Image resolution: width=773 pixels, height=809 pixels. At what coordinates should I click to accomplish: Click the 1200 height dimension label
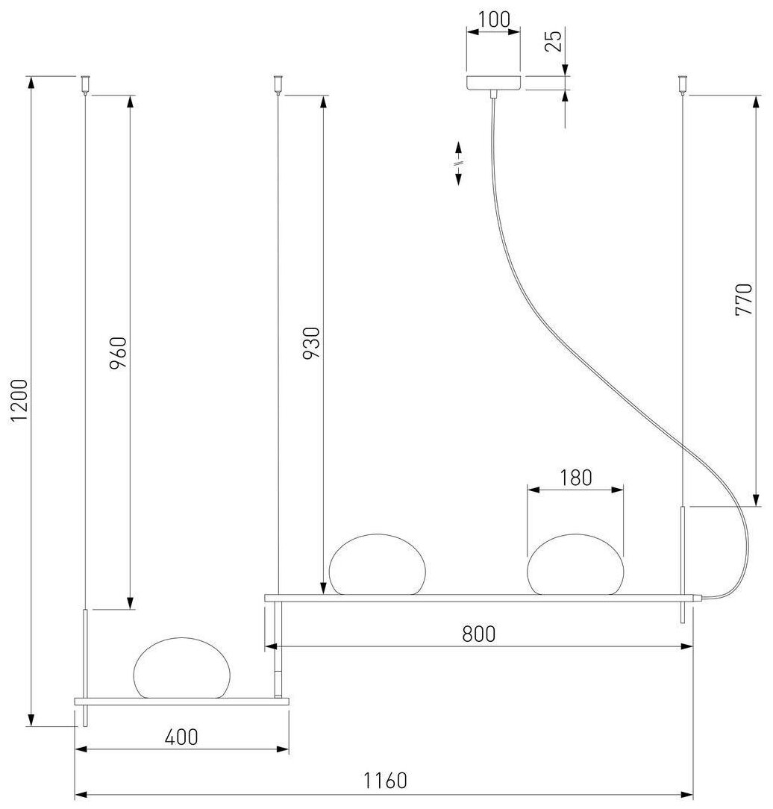20,401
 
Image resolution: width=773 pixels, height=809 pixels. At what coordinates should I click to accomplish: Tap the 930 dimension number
313,343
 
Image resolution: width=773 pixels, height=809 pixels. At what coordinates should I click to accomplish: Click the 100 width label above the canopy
493,20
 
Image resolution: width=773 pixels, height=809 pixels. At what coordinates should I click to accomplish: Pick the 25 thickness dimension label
553,42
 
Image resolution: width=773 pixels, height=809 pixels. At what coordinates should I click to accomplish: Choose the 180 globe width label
575,478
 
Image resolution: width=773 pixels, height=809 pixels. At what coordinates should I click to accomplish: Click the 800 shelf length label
478,634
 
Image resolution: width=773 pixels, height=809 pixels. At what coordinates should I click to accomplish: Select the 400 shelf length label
181,737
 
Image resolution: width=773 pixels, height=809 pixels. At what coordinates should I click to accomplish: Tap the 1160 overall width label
386,781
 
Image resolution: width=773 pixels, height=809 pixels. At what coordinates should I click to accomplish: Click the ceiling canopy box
493,82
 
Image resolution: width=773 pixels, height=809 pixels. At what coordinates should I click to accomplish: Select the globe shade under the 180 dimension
575,565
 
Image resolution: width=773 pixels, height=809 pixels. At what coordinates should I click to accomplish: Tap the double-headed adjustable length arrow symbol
459,163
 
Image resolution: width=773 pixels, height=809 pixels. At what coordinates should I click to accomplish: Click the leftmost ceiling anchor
87,84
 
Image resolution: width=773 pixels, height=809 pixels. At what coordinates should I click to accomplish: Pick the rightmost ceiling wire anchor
682,84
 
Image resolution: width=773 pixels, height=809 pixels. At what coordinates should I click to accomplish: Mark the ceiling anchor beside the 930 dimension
279,84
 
